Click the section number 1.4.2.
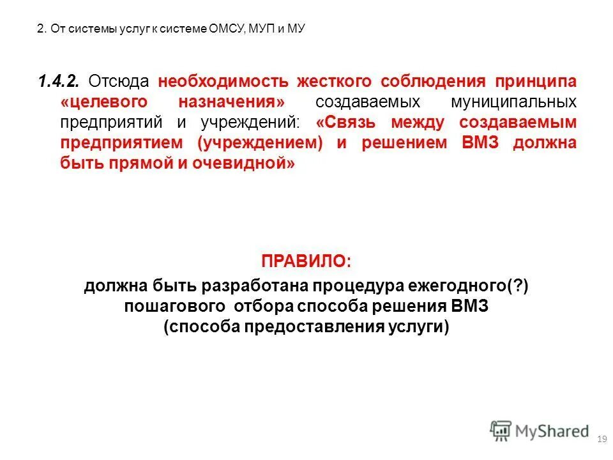(58, 82)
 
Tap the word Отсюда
(118, 82)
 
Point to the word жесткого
(333, 82)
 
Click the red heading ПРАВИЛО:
(306, 262)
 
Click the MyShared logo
(540, 431)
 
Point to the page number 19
(600, 439)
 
